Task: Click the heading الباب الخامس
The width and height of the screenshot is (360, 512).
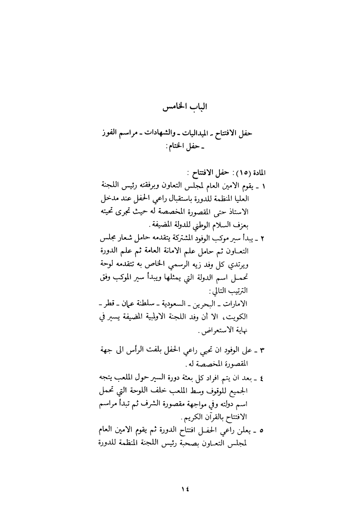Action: (180, 109)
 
